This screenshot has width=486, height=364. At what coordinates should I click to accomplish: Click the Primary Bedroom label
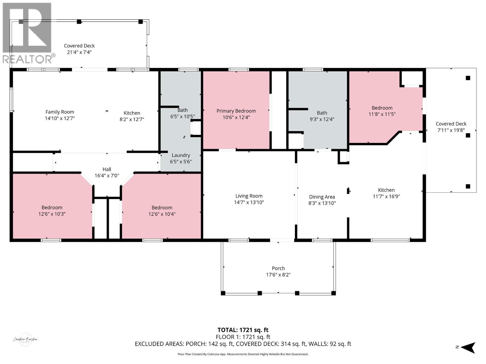[x=236, y=111]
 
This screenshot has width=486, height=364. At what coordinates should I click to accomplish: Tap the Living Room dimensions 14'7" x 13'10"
[x=249, y=202]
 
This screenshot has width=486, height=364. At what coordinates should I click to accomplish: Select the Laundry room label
[x=181, y=155]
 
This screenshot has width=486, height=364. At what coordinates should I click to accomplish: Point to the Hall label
[x=107, y=169]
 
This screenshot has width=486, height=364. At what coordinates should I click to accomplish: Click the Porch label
[x=278, y=268]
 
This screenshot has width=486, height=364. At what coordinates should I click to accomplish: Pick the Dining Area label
[x=322, y=197]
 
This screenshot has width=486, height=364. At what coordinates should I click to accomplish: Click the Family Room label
[x=60, y=112]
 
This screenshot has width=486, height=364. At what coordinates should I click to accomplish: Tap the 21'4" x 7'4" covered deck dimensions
[x=79, y=52]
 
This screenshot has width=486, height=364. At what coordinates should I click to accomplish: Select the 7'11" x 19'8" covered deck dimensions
[x=451, y=130]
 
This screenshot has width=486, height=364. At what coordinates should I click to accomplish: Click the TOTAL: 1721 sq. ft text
[x=243, y=330]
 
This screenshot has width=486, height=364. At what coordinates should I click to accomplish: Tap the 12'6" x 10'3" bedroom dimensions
[x=52, y=214]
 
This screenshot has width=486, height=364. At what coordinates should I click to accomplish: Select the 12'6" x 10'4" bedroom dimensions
[x=162, y=214]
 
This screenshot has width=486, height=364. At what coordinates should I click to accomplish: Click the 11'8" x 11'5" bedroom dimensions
[x=382, y=114]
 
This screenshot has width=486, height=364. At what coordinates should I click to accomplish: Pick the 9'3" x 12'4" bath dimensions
[x=322, y=119]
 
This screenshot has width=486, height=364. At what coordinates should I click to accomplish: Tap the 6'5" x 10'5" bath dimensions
[x=183, y=116]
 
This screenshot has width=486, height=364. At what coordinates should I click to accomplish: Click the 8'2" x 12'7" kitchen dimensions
[x=132, y=119]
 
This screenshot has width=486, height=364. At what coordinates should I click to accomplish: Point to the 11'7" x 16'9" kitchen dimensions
[x=386, y=196]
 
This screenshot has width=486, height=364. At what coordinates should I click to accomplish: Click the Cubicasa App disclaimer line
[x=243, y=354]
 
